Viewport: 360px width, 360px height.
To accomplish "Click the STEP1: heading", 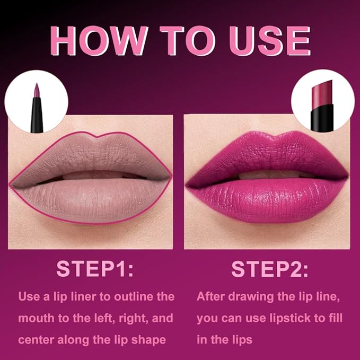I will (95, 269).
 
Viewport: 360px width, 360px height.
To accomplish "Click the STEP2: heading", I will (270, 269).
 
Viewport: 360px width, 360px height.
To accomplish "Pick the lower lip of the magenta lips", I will (265, 199).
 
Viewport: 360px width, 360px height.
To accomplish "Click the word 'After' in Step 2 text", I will (212, 296).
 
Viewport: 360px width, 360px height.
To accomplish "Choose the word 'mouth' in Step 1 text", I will (34, 319).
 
